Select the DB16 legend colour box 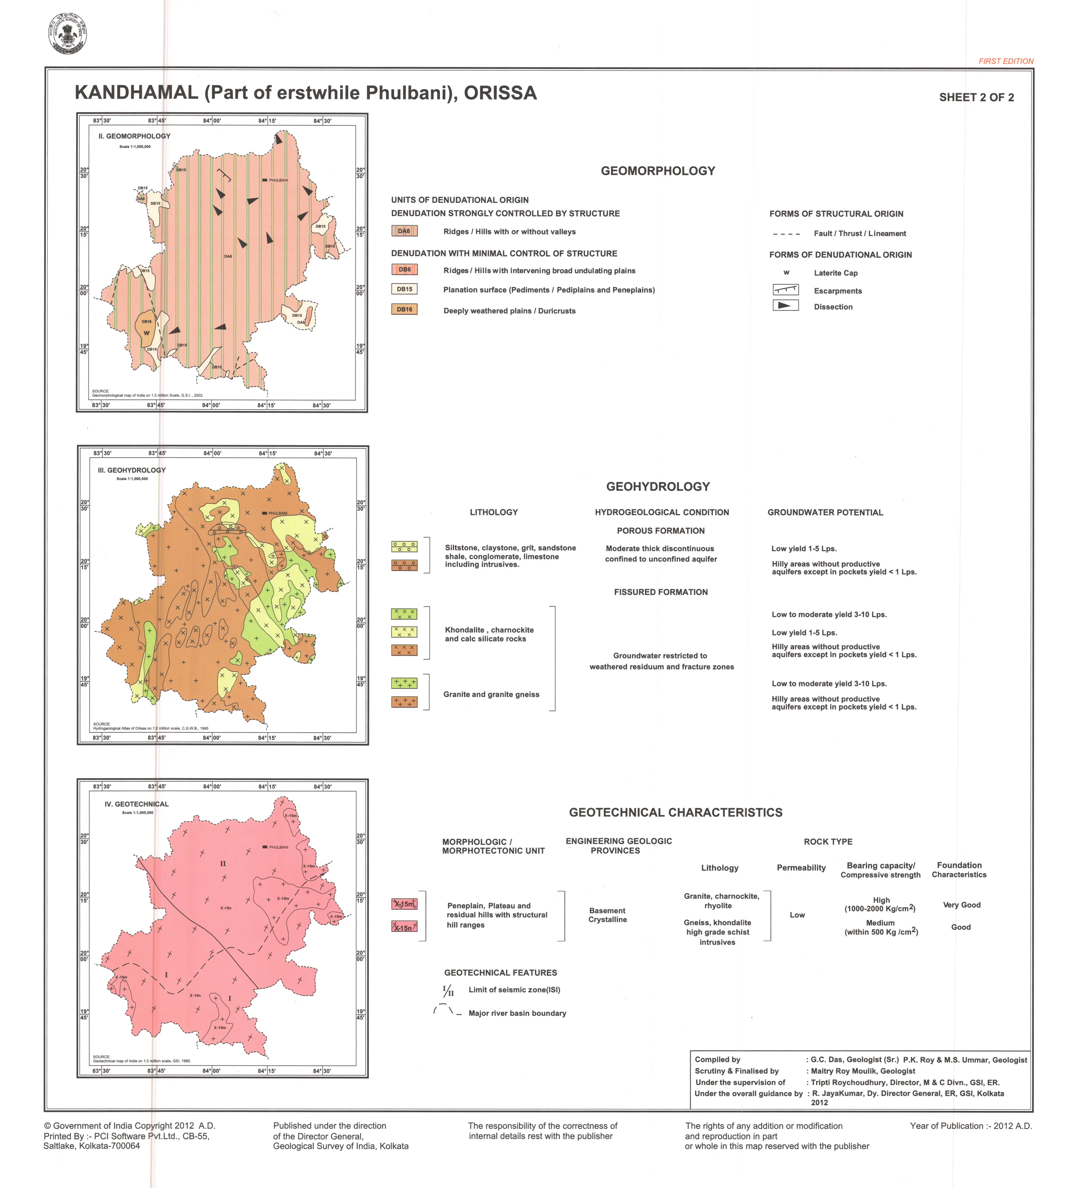coord(405,309)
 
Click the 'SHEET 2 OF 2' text coord(976,98)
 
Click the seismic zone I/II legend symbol coord(448,990)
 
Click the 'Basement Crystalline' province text coord(607,915)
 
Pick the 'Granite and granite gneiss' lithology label coord(491,694)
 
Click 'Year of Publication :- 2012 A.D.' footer coord(971,1126)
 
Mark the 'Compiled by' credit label coord(717,1059)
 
